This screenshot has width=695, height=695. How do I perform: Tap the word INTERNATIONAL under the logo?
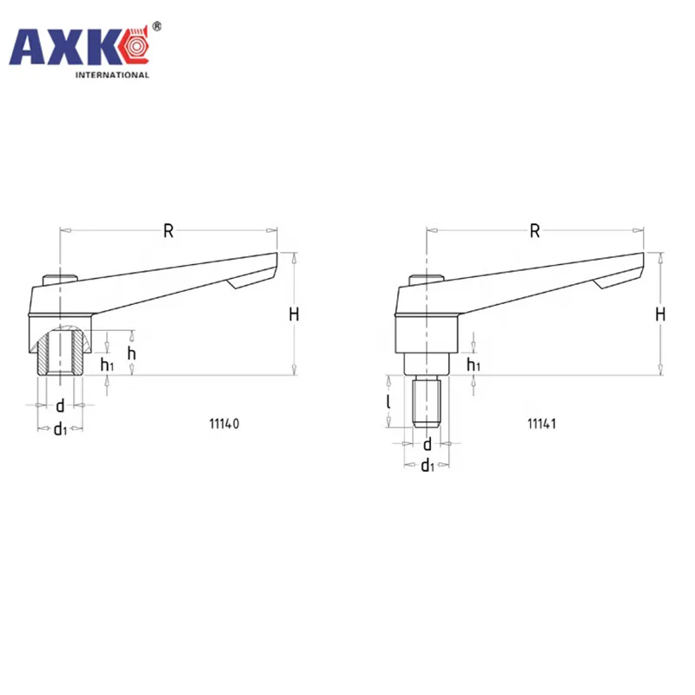pos(112,75)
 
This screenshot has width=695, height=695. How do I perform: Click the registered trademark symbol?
pos(156,27)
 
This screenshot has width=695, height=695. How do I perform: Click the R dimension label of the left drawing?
pos(169,231)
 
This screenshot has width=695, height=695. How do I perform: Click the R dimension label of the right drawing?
pos(535,231)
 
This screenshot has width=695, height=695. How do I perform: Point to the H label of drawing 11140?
pos(294,314)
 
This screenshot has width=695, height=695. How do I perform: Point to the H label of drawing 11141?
pos(660,314)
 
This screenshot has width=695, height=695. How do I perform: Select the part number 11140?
pos(224,424)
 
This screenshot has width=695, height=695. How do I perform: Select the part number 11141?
pos(541,424)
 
